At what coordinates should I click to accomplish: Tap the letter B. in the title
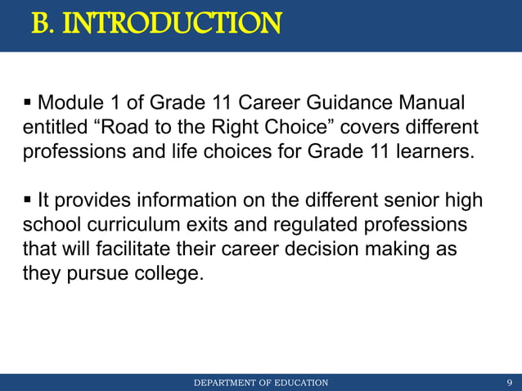click(44, 25)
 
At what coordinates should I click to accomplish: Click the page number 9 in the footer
click(510, 383)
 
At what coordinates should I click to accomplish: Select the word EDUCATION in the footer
click(298, 383)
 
